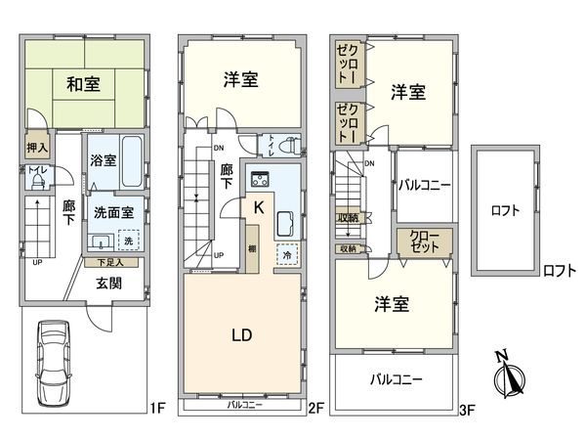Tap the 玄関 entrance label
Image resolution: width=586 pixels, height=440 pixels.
coord(108,284)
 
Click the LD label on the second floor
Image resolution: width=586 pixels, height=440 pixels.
coord(242,335)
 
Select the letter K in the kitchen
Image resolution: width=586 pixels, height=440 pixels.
coord(258,207)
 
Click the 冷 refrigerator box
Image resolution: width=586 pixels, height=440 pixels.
coord(287,253)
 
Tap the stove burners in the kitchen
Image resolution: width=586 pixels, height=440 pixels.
coord(261,178)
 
